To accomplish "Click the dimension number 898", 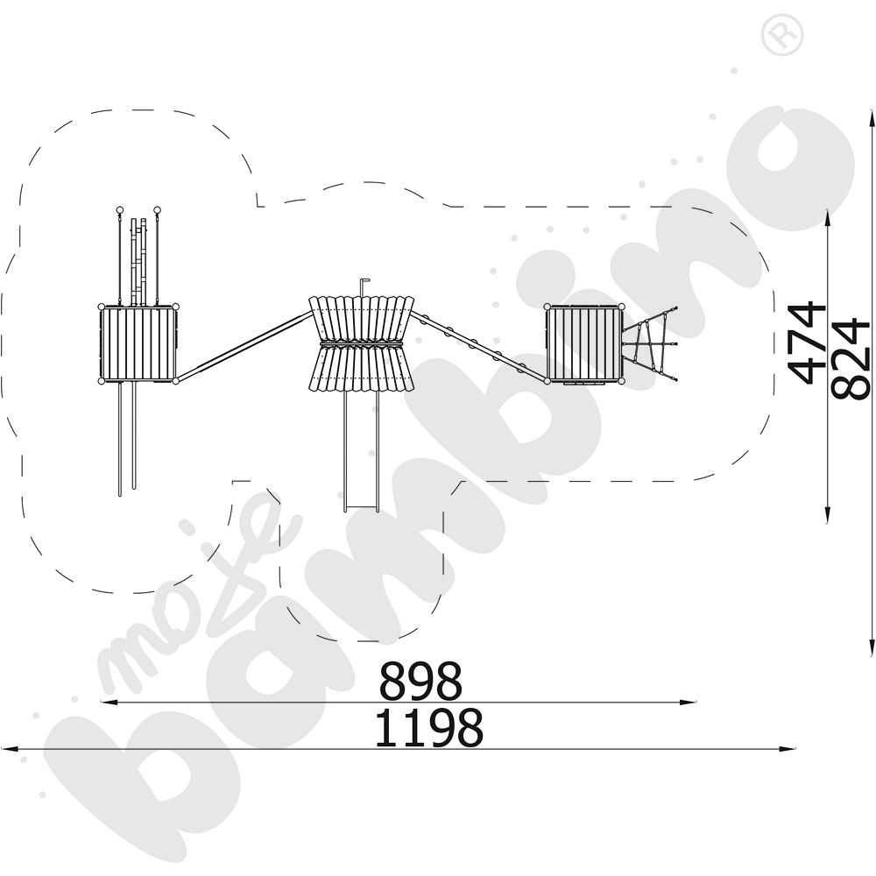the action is pos(420,681).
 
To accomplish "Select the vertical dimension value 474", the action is pos(806,343).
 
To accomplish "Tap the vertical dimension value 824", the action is pos(850,358).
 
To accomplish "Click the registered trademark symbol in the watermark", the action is pos(782,34).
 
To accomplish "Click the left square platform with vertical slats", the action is pos(138,344).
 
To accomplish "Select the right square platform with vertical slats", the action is pos(584,344).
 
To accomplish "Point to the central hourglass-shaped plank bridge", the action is pos(362,343).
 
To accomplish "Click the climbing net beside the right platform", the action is pos(651,343).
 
